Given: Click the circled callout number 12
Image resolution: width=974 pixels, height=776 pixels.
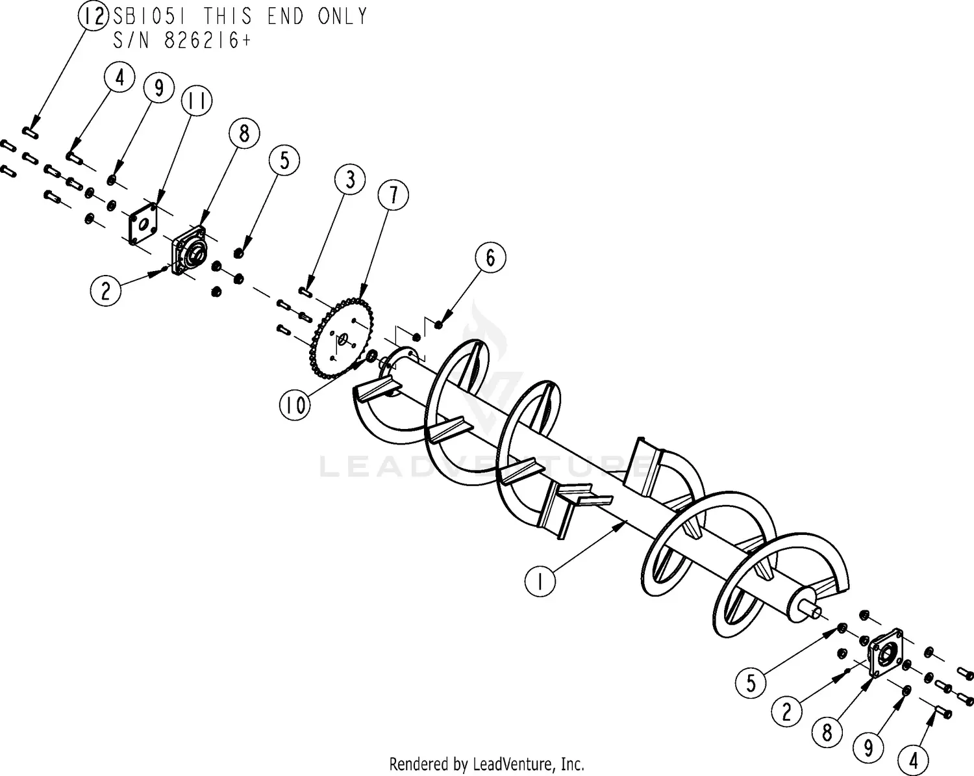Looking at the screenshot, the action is (94, 16).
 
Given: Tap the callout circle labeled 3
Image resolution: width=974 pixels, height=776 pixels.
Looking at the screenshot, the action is (350, 180).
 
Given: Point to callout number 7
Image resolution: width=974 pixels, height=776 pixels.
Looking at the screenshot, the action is (393, 195).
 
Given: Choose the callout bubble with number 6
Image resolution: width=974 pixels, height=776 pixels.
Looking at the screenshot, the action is (490, 257).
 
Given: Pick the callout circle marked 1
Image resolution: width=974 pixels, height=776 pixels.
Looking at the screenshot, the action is (540, 580).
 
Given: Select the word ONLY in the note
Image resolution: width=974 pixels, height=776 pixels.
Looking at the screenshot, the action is (342, 16).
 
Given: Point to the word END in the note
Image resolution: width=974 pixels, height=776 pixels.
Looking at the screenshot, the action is (286, 16).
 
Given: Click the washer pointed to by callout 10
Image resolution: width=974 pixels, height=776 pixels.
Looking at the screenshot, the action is (372, 356).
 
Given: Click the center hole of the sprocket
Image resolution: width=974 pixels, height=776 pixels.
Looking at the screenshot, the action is (342, 339).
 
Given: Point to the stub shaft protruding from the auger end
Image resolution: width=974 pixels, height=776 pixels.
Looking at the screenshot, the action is (812, 610).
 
